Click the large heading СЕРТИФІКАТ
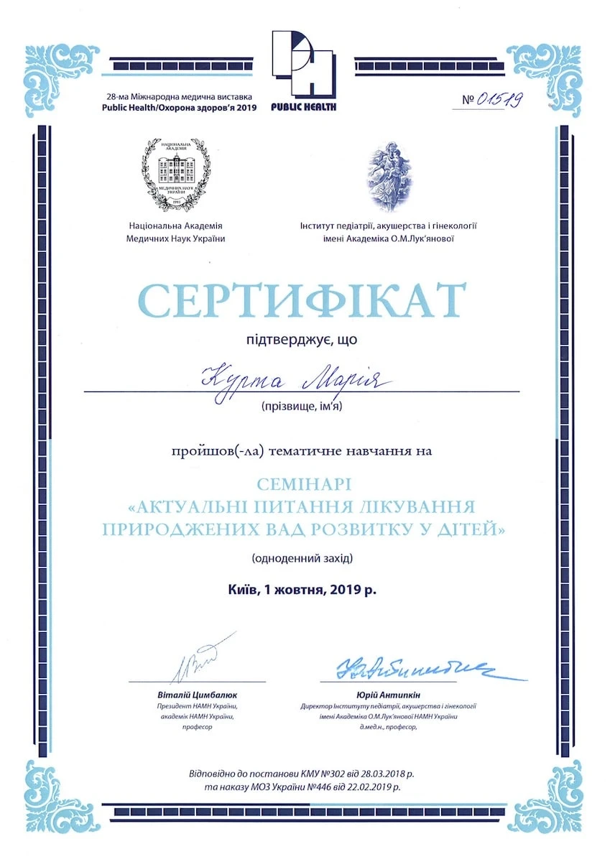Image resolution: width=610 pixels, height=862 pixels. coord(302,301)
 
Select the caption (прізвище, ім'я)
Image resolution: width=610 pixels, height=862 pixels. coord(302,407)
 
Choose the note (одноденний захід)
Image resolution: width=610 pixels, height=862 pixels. coord(302,558)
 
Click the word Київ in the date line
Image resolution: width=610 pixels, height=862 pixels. coord(241,590)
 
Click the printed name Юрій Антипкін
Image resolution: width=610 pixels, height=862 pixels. coord(388,695)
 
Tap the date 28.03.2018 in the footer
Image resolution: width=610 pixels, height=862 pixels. coord(382,774)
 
